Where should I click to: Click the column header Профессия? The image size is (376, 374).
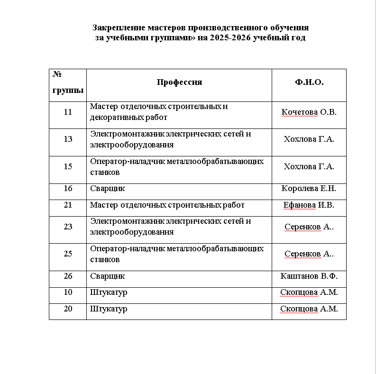[x=179, y=82]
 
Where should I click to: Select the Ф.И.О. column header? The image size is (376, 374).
[x=309, y=82]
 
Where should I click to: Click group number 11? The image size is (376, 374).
[x=68, y=112]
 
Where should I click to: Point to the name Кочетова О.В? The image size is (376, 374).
[x=309, y=112]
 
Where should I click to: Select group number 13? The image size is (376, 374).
[x=68, y=139]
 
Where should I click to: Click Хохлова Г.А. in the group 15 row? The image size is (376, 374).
[x=309, y=166]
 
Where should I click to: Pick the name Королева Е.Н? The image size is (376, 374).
[x=309, y=189]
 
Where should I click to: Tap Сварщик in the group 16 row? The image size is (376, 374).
[x=108, y=189]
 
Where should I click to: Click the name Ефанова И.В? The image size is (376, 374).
[x=309, y=205]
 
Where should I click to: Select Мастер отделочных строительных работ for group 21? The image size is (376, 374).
[x=167, y=205]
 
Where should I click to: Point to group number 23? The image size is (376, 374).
[x=68, y=227]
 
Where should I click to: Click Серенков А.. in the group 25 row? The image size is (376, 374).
[x=309, y=254]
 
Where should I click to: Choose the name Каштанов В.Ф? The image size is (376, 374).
[x=309, y=276]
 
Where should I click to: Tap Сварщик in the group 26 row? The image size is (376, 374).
[x=108, y=276]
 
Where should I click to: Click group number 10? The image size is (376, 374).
[x=68, y=292]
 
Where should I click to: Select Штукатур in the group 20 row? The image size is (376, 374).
[x=109, y=309]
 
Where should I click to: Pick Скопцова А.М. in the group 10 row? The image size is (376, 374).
[x=309, y=292]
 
